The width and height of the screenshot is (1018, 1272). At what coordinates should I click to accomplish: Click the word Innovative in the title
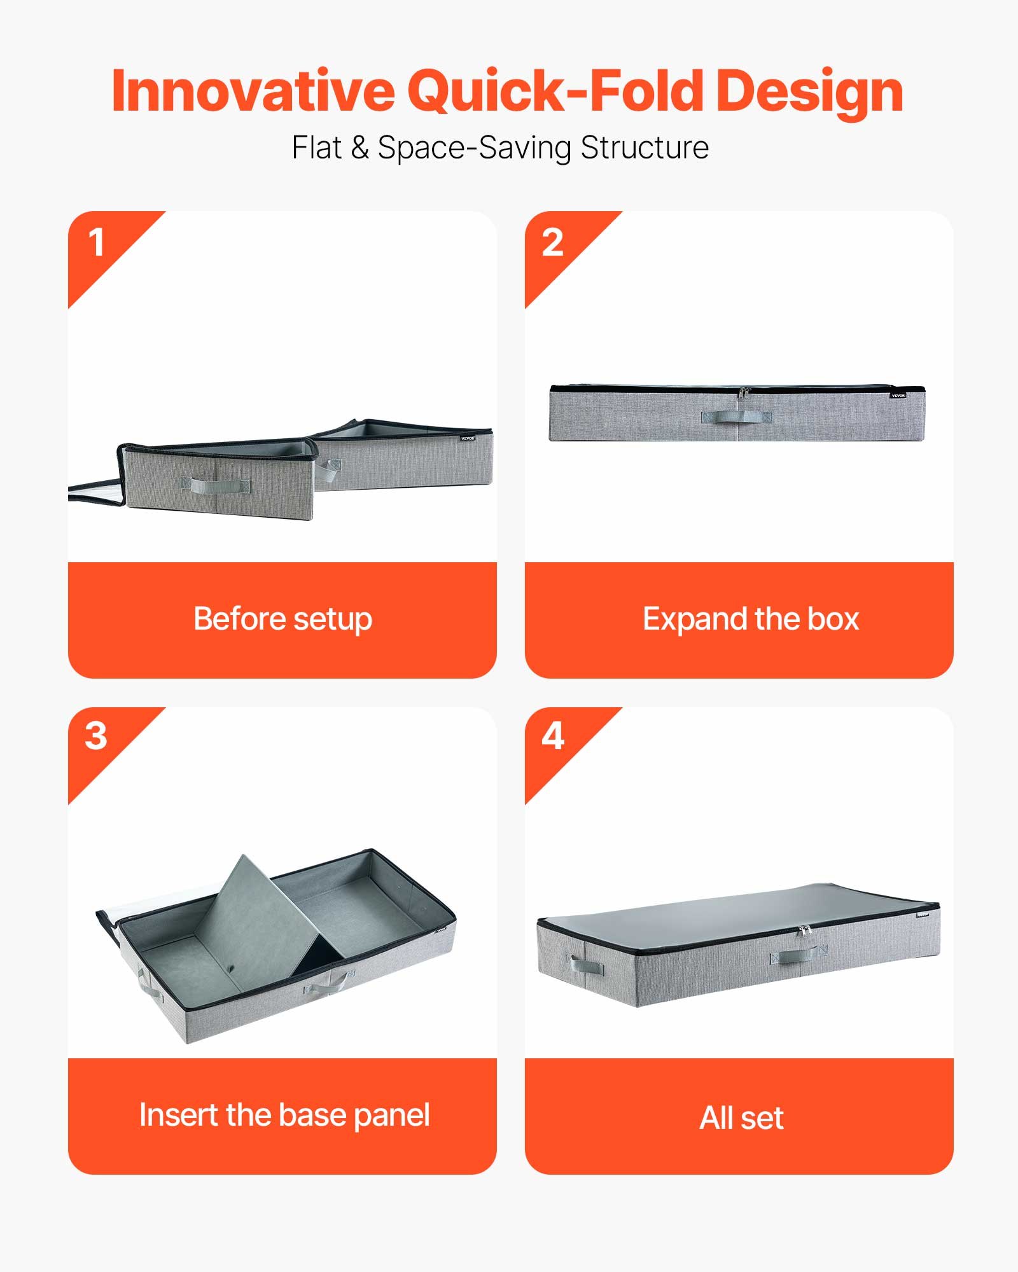point(253,91)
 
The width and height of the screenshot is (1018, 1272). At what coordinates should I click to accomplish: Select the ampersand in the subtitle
point(359,148)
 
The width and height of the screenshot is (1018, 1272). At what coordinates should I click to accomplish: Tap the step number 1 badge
point(97,243)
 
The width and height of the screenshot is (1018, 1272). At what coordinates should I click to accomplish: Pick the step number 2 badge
point(552,243)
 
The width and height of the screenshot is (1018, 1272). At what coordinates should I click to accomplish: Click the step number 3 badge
point(96,736)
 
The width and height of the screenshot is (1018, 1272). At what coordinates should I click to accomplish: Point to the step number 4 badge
point(552,736)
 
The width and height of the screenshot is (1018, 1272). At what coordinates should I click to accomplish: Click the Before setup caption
point(282,619)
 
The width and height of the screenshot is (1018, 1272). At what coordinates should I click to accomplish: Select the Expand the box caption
point(751,619)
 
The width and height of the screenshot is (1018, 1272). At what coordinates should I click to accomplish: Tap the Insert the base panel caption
point(284,1115)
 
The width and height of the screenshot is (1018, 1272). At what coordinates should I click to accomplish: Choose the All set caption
point(741,1117)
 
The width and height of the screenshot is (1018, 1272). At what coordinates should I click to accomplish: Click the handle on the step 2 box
point(736,417)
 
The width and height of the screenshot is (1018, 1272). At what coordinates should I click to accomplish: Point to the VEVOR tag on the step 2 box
point(898,396)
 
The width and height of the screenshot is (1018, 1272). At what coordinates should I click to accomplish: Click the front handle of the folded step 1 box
point(215,486)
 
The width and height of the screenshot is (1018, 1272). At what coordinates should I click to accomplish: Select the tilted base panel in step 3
point(254,916)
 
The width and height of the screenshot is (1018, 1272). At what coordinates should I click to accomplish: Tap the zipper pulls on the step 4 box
point(805,931)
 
